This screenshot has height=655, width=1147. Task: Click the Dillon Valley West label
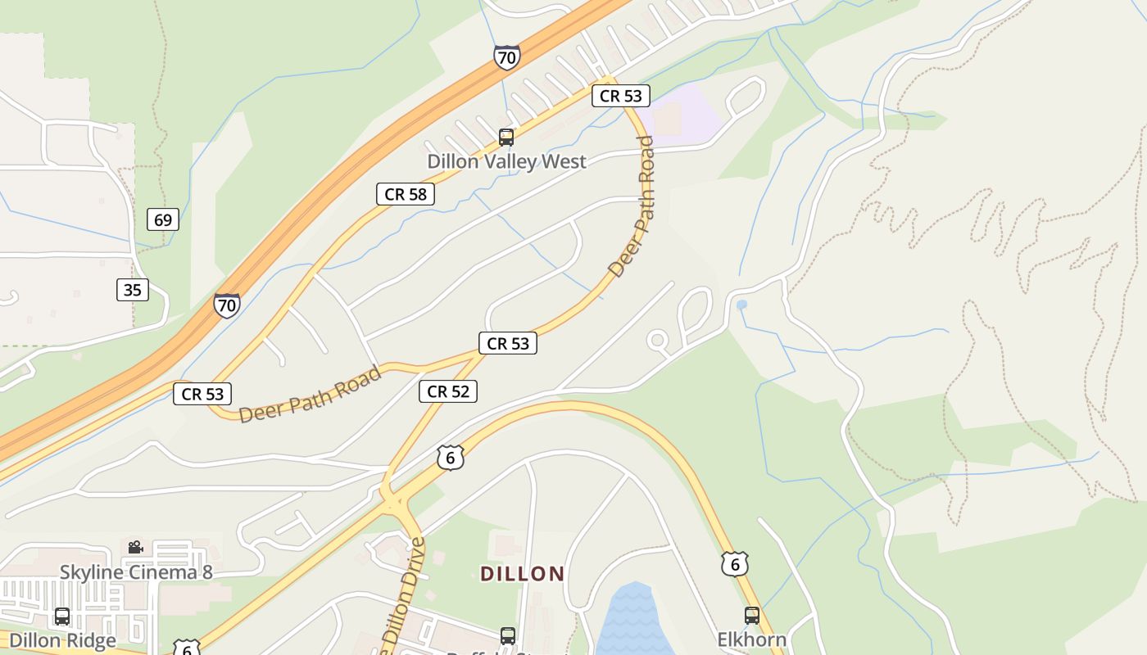(x=506, y=161)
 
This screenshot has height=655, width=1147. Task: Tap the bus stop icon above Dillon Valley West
(x=506, y=138)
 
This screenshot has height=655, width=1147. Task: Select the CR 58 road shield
(x=406, y=194)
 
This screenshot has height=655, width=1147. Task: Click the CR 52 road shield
(x=448, y=391)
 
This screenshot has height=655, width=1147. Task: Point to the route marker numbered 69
(x=163, y=219)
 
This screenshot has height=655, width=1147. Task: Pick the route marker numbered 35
(x=133, y=289)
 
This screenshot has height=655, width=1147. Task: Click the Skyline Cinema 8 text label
(x=136, y=571)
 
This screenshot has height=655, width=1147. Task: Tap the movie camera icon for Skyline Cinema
(x=135, y=547)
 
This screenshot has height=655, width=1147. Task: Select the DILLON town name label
(x=523, y=574)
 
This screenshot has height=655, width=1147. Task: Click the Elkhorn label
(x=752, y=639)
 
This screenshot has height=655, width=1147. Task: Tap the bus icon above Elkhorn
(x=752, y=616)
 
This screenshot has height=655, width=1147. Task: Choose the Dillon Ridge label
(x=62, y=639)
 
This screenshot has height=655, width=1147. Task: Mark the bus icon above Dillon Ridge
(x=62, y=616)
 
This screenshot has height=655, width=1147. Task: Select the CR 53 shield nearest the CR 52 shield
(x=508, y=343)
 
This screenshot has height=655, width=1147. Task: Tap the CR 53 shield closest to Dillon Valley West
(x=621, y=96)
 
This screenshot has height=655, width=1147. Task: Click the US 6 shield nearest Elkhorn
(x=735, y=563)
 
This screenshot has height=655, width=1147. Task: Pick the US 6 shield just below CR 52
(x=451, y=458)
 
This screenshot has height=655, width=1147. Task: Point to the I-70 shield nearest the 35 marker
(x=227, y=305)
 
